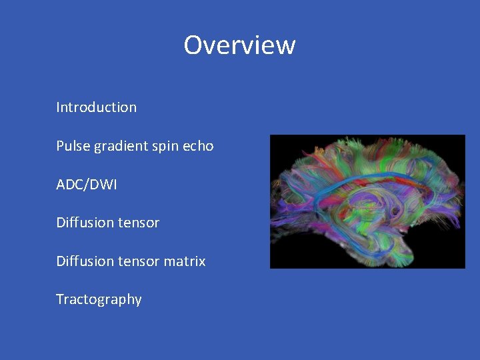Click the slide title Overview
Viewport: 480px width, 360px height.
(239, 45)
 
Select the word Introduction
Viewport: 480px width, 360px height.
(97, 107)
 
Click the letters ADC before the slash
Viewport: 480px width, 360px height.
(69, 184)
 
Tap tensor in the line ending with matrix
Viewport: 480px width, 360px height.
(136, 261)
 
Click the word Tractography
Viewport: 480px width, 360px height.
(99, 299)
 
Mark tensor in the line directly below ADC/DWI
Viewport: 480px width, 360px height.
(136, 223)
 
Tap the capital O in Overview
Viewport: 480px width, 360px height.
(193, 45)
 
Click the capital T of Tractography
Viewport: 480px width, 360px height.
(60, 299)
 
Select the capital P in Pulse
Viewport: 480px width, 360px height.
(60, 145)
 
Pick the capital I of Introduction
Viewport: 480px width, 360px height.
(58, 107)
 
